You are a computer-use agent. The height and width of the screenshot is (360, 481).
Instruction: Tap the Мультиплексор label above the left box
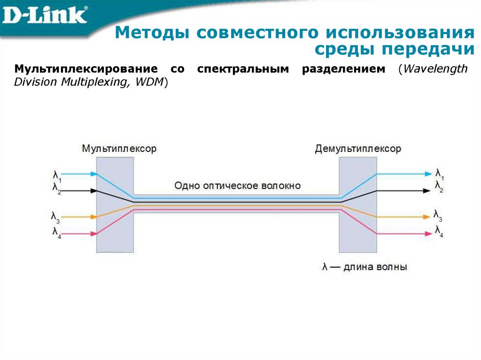(119, 149)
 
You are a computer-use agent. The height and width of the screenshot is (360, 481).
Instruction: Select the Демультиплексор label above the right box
(358, 149)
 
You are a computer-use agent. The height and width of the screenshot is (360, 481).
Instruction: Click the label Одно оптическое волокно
(237, 185)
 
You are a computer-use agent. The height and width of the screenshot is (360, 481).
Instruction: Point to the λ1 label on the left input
(57, 176)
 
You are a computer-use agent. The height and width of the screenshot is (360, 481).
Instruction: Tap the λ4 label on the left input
(56, 231)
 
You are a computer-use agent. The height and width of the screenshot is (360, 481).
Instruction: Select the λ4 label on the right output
(439, 231)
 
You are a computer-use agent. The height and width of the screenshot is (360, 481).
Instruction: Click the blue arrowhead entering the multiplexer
(94, 174)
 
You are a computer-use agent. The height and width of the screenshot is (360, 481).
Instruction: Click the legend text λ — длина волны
(365, 267)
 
